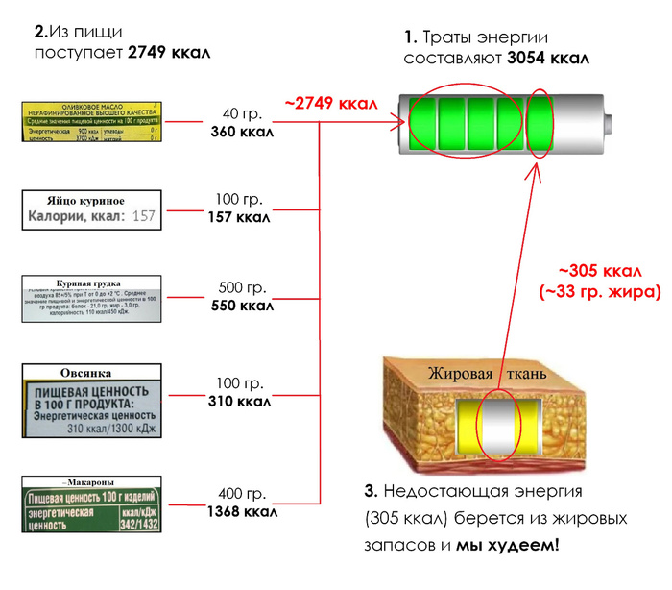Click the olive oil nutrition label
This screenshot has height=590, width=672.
click(x=92, y=123)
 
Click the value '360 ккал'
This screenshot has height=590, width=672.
click(x=241, y=133)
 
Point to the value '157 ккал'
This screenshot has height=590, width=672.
click(x=241, y=217)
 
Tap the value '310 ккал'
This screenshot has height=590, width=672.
click(x=241, y=400)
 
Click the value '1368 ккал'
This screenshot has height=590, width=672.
click(x=241, y=512)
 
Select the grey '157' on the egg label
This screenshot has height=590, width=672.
click(x=142, y=217)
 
